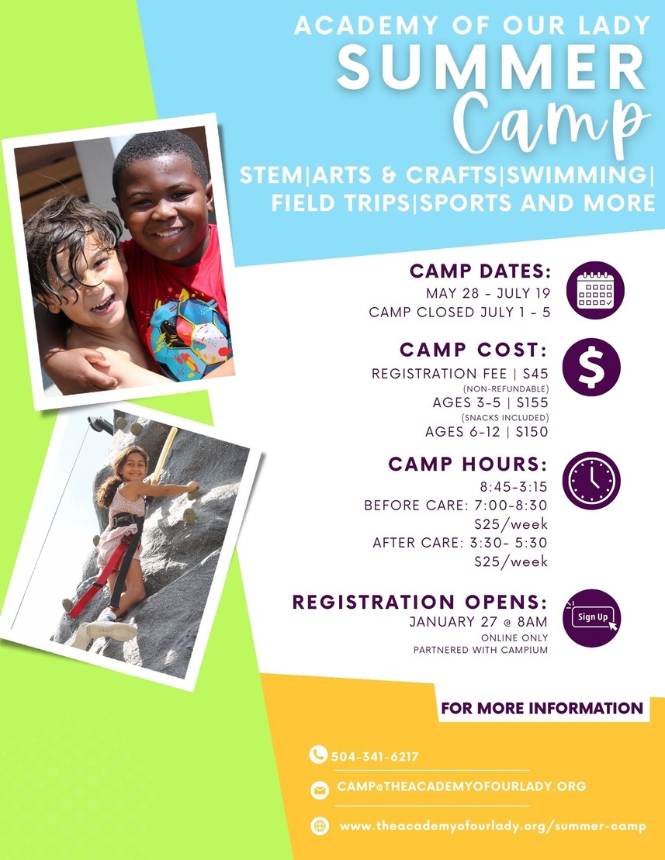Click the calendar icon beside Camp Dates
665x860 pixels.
coord(594,291)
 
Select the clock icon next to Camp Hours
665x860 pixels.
coord(591,480)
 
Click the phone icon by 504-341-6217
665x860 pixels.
coord(318,755)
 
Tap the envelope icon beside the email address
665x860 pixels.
coord(318,789)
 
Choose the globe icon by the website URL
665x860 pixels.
coord(319,826)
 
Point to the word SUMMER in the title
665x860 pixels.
coord(492,68)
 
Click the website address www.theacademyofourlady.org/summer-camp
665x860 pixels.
coord(492,826)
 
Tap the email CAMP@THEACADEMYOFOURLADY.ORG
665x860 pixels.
coord(461,786)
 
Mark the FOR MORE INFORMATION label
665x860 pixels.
coord(542,708)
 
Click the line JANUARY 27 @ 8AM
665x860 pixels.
coord(479,622)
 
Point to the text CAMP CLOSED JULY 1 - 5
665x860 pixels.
coord(459,313)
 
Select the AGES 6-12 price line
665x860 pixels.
coord(487,432)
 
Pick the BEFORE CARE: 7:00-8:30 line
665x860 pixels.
coord(456,506)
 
